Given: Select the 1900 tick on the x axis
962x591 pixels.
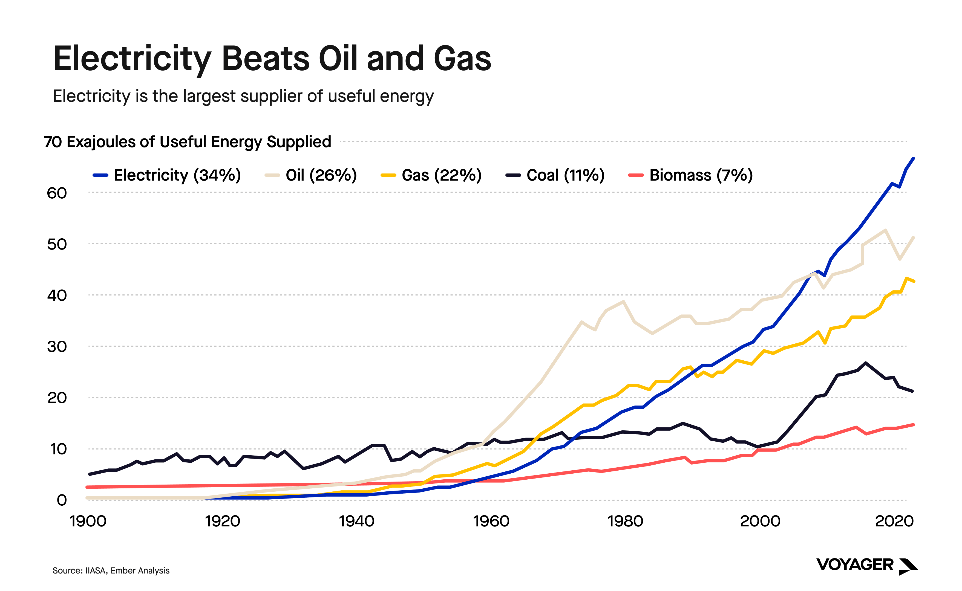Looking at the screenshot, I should tap(88, 522).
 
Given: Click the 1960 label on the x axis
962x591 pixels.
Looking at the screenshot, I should tap(491, 522).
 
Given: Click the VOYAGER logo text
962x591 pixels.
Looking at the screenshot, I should tap(855, 565).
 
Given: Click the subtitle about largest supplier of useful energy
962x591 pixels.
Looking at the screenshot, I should tap(243, 96).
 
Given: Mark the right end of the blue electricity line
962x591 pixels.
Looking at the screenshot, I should tap(913, 159).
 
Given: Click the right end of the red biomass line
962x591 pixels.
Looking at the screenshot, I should tap(913, 424).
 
